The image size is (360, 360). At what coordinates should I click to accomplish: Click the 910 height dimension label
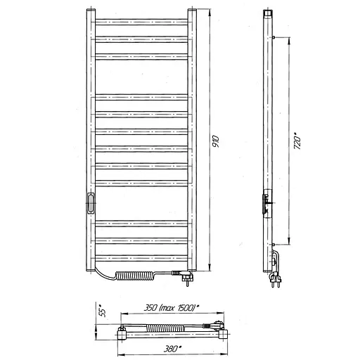click(x=215, y=141)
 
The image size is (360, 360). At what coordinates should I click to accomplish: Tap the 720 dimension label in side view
click(x=297, y=141)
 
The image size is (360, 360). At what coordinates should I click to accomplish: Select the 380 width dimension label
click(x=172, y=349)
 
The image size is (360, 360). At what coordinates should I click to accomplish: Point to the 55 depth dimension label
click(x=103, y=311)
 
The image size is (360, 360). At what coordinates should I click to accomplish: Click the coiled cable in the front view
click(x=135, y=276)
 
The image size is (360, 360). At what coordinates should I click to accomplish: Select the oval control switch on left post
click(x=90, y=203)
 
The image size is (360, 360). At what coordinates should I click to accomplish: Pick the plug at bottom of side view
click(x=276, y=279)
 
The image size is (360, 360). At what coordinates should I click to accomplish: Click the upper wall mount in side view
click(x=274, y=37)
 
